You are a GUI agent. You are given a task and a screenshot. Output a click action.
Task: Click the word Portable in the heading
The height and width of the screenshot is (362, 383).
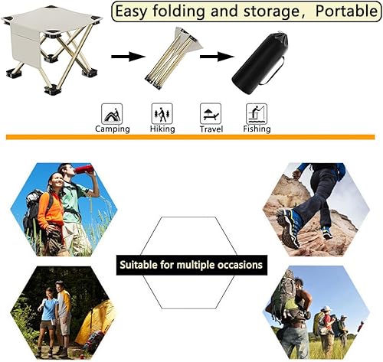coord(336,11)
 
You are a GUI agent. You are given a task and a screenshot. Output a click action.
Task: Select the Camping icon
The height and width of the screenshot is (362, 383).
coord(113,114)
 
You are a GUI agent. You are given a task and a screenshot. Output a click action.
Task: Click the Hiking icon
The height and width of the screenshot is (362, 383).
coord(162,114)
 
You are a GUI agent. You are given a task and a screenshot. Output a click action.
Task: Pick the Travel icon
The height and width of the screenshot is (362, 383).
coord(210,114)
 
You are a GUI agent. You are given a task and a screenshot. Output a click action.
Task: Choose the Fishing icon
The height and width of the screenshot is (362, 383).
coord(257,114)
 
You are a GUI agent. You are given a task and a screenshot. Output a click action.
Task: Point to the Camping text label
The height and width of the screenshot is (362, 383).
coord(113,129)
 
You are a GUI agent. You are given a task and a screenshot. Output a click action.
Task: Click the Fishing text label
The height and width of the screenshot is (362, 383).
coord(257,129)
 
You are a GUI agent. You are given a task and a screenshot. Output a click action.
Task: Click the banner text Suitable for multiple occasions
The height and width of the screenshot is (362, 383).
coord(191,266)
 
